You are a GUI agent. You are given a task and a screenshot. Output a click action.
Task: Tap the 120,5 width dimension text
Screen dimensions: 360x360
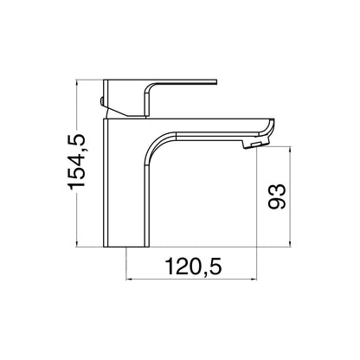[191, 268]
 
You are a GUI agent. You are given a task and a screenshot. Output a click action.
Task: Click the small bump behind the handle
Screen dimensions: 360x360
[104, 105]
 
